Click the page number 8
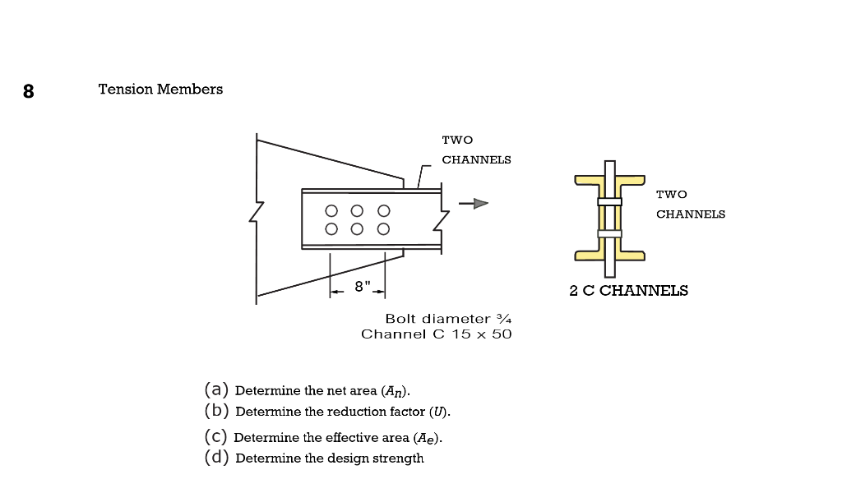tap(29, 91)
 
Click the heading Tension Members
tap(160, 89)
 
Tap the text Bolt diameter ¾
tap(449, 318)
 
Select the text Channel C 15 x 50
tap(437, 334)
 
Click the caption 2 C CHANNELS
tap(628, 290)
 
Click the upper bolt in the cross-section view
tap(609, 201)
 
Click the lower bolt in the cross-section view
tap(609, 233)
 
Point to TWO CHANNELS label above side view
tap(475, 150)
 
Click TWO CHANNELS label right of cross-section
tap(690, 204)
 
